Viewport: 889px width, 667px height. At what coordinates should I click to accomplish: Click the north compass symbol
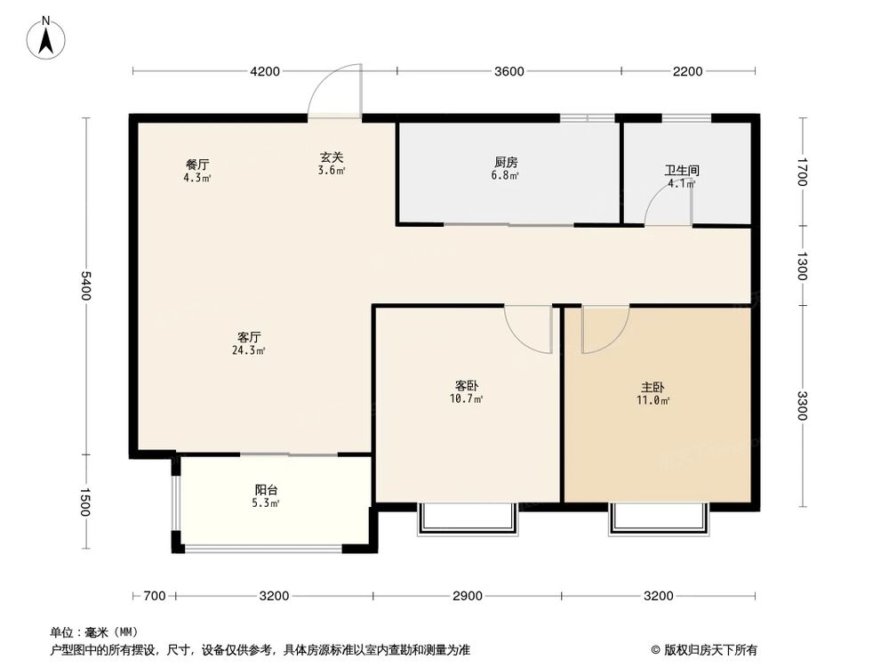tap(46, 37)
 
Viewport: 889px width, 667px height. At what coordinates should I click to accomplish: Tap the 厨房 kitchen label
tap(507, 163)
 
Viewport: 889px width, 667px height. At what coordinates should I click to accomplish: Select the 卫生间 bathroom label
tap(682, 170)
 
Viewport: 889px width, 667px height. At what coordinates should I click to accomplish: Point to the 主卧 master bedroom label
tap(653, 388)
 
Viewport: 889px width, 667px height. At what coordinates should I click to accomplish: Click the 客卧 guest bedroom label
tap(468, 386)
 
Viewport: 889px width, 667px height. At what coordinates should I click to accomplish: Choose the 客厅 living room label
tap(249, 337)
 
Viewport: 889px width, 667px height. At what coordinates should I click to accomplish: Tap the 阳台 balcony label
tap(266, 490)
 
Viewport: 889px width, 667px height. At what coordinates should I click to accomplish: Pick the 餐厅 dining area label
tap(197, 165)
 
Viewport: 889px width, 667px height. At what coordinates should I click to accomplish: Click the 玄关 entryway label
tap(332, 157)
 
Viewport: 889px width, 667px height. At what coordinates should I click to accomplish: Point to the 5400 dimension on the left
tap(85, 286)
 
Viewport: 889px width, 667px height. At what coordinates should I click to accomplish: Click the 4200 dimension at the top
tap(265, 71)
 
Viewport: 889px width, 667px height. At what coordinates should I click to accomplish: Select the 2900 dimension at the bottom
tap(467, 595)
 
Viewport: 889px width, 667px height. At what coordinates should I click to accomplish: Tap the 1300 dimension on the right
tap(802, 266)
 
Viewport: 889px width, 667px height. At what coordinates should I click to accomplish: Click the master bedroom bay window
tap(659, 520)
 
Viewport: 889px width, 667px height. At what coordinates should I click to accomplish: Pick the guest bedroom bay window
tap(467, 520)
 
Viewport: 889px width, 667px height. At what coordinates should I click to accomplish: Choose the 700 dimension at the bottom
tap(154, 595)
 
